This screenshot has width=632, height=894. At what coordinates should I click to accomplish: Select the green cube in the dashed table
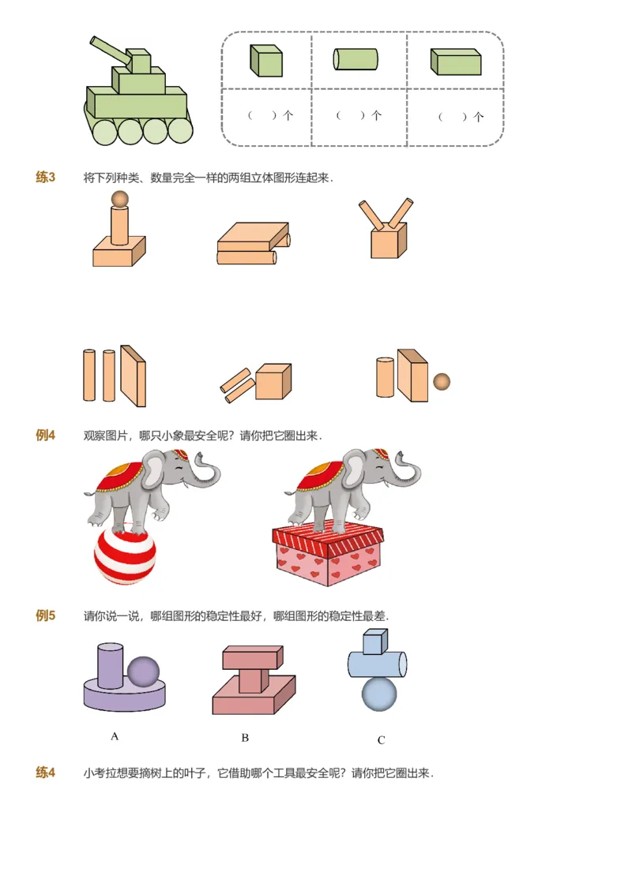[266, 61]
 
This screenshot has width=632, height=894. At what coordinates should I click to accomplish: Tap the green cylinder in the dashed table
[355, 59]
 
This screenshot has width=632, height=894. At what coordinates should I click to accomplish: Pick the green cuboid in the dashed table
[456, 62]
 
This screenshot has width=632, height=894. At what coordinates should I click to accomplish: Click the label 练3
[46, 177]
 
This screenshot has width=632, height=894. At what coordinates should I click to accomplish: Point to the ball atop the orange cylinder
[119, 198]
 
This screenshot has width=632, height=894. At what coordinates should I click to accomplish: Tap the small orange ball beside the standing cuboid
[442, 382]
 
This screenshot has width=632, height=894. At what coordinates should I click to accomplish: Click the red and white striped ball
[125, 556]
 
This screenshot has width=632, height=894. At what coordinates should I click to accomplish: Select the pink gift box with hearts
[328, 556]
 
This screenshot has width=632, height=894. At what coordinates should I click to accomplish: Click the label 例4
[46, 435]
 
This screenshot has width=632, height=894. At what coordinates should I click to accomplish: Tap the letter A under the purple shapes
[115, 736]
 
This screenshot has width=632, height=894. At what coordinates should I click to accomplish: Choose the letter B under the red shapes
[245, 738]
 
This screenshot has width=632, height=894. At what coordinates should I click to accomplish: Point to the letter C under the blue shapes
[381, 740]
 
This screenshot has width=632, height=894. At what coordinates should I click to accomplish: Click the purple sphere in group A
[143, 671]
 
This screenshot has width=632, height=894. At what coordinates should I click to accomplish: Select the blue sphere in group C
[379, 693]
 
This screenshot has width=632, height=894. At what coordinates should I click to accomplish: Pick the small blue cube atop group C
[374, 642]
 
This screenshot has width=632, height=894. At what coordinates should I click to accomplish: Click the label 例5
[46, 615]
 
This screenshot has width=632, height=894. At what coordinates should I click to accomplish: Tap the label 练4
[46, 772]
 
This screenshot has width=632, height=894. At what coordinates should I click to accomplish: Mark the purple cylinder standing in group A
[110, 665]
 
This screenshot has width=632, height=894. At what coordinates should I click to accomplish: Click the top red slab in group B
[252, 657]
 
